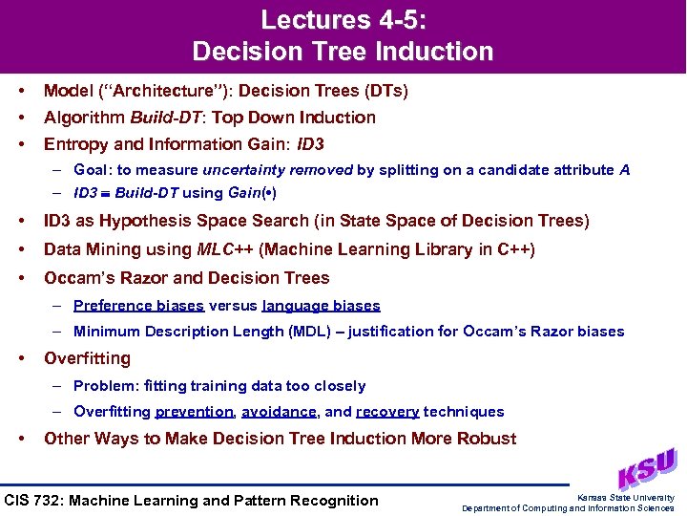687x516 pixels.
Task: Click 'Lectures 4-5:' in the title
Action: point(343,19)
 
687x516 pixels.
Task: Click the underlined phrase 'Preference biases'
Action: point(138,306)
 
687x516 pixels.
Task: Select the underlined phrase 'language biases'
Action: point(321,306)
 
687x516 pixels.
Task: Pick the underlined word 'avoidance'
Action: point(279,412)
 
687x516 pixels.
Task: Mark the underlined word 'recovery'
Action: point(387,412)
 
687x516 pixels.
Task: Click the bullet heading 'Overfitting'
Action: point(88,358)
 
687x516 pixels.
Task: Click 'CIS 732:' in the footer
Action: point(35,500)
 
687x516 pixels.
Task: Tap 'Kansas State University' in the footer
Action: point(626,498)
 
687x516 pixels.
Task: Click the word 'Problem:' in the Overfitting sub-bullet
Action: point(103,386)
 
